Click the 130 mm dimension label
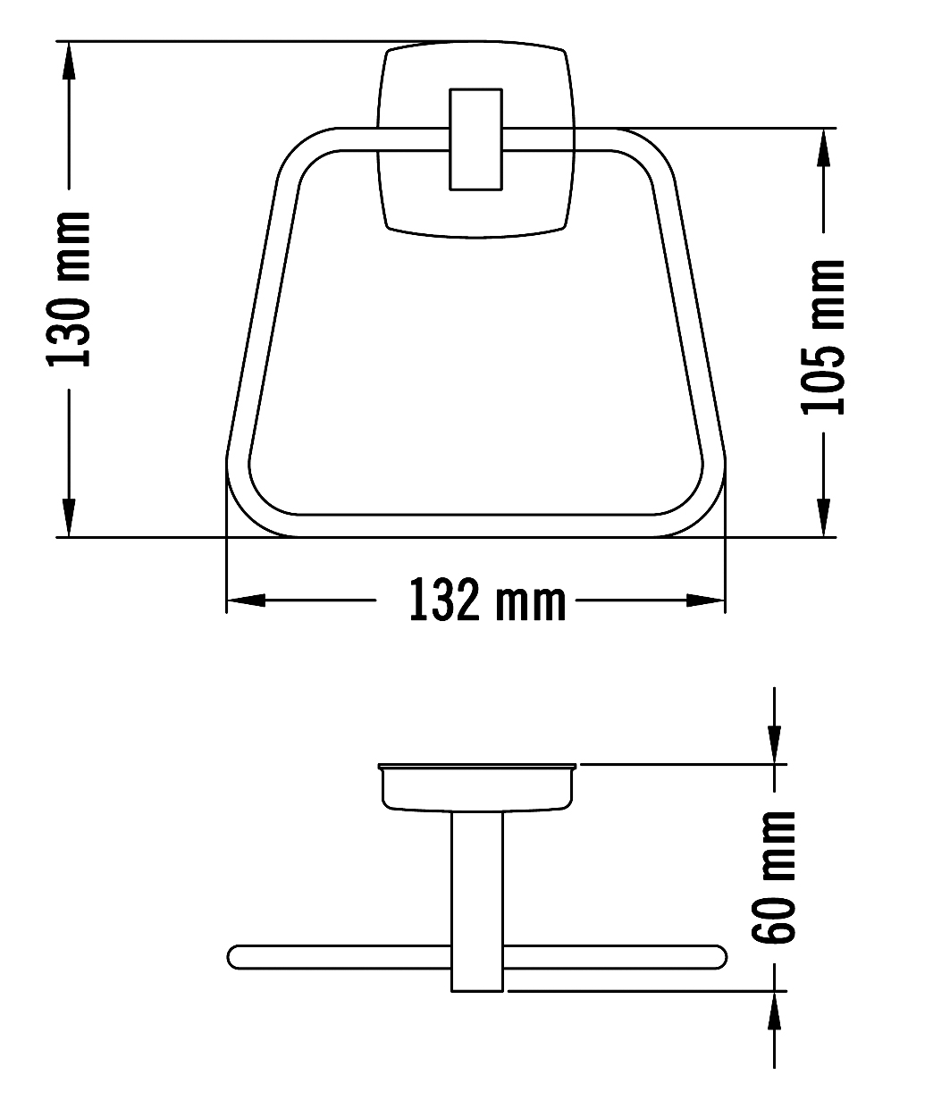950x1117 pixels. pyautogui.click(x=69, y=290)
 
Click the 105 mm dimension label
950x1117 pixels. pyautogui.click(x=822, y=338)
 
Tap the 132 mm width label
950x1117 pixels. pyautogui.click(x=487, y=600)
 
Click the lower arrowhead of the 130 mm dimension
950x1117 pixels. pyautogui.click(x=69, y=517)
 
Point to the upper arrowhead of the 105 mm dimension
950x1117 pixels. pyautogui.click(x=823, y=147)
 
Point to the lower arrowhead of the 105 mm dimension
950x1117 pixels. pyautogui.click(x=823, y=517)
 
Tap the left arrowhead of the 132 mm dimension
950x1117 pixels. pyautogui.click(x=246, y=600)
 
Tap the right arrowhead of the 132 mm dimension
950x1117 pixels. pyautogui.click(x=705, y=600)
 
